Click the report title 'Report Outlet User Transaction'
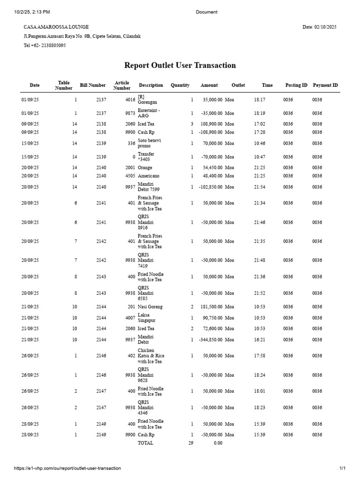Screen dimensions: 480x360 tap(180, 66)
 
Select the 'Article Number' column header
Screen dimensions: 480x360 tap(122, 85)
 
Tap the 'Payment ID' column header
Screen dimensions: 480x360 tap(325, 85)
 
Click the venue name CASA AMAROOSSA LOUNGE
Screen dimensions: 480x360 tap(56, 27)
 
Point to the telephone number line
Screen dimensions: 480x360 tap(45, 45)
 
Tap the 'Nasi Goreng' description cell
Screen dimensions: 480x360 tap(150, 307)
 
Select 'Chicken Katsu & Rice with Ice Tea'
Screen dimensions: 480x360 tap(151, 356)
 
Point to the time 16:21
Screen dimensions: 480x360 tap(259, 339)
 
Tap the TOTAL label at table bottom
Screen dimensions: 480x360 tap(145, 443)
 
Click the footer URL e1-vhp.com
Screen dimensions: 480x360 tap(67, 468)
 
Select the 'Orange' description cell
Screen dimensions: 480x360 tap(145, 167)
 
